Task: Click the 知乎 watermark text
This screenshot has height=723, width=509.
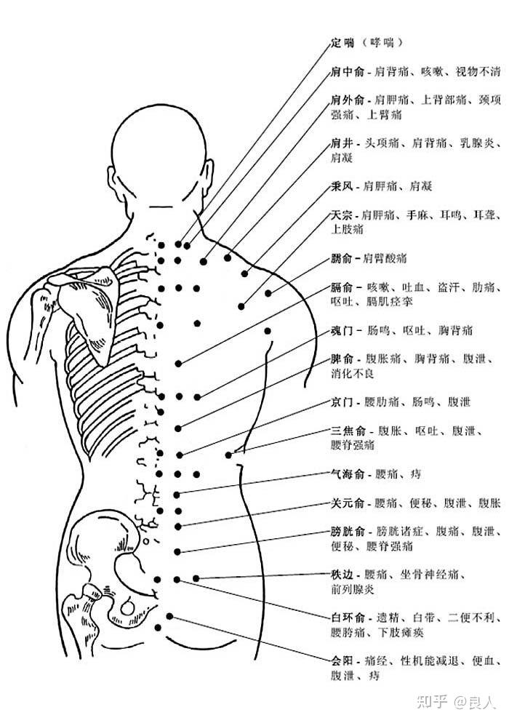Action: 430,701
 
